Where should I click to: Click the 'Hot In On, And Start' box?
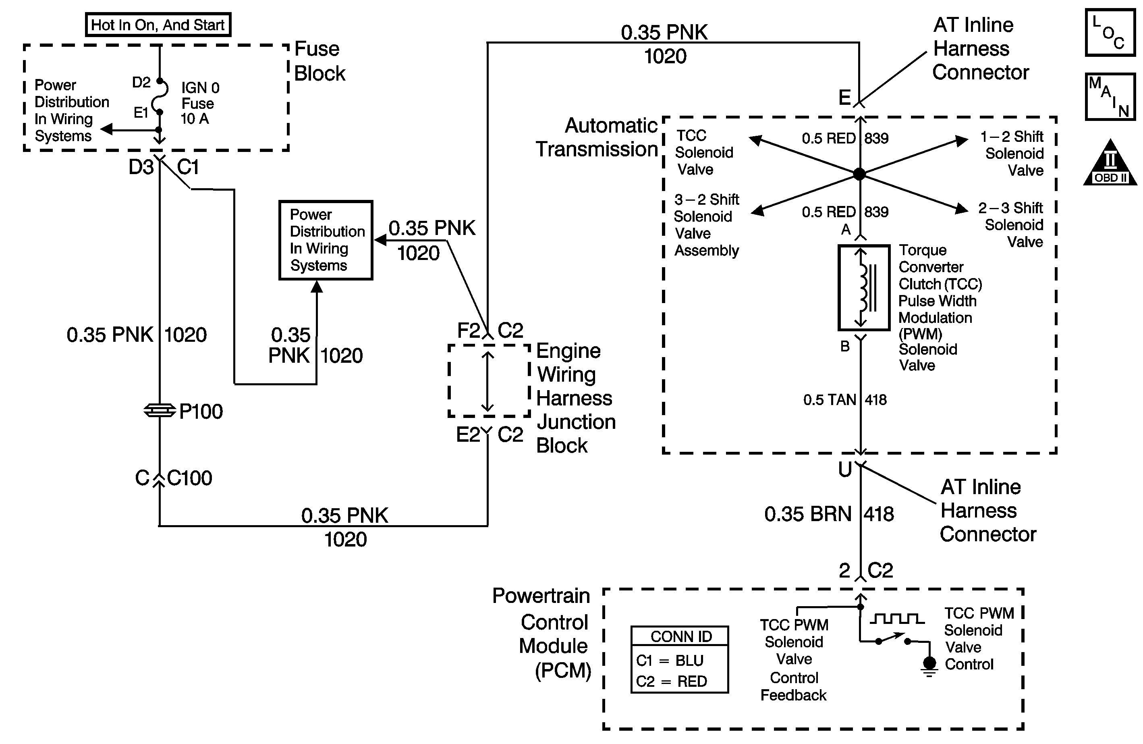tap(158, 25)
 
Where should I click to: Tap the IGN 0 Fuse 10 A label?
tap(199, 103)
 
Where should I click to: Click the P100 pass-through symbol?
tap(160, 411)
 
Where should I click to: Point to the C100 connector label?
tap(189, 478)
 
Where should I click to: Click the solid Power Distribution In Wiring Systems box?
tap(326, 240)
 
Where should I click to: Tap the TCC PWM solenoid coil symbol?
tap(864, 288)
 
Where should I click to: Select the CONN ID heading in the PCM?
tap(680, 636)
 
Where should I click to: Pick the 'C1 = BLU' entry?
tap(670, 661)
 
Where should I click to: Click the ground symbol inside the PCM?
tap(929, 665)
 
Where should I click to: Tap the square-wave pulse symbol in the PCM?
tap(896, 619)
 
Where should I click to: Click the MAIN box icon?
tap(1110, 97)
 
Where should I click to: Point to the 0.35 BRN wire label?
tap(808, 514)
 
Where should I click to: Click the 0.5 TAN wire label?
tap(830, 400)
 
